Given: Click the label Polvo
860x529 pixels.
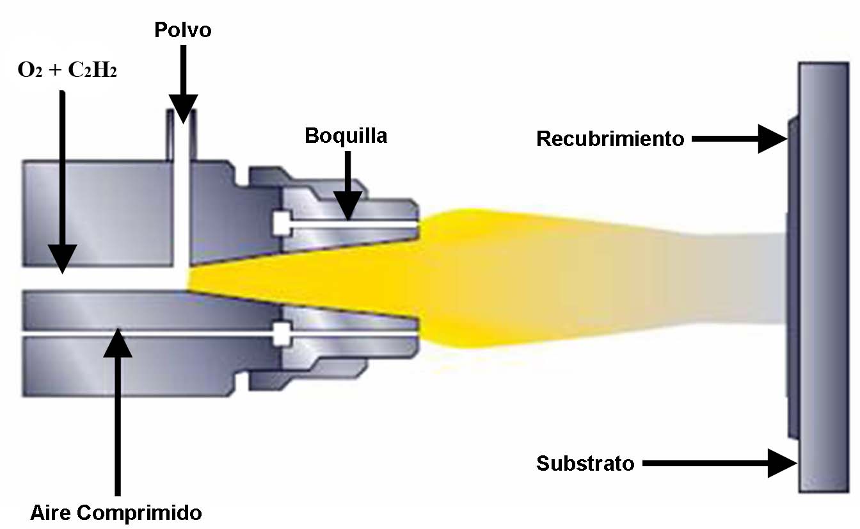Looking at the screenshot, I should point(182,30).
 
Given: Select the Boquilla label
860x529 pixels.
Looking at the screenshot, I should point(346,136).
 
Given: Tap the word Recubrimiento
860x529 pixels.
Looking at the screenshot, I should point(610,139).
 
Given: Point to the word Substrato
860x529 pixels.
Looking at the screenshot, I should point(585,463).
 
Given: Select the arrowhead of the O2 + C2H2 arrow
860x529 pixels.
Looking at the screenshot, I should point(63,262).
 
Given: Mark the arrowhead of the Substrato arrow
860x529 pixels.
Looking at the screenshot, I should point(783,463).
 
